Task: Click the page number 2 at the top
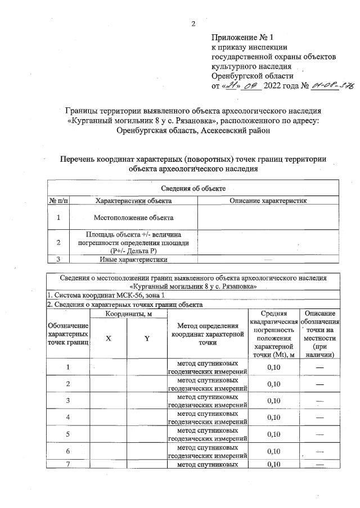[x=193, y=24]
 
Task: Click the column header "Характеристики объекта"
[x=133, y=200]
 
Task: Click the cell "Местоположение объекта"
[x=133, y=217]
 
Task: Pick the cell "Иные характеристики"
[x=133, y=259]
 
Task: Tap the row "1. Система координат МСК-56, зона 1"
[x=106, y=295]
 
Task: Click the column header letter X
[x=109, y=339]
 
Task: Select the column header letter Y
[x=147, y=339]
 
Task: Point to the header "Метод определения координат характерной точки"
[x=208, y=334]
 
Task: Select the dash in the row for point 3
[x=320, y=400]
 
